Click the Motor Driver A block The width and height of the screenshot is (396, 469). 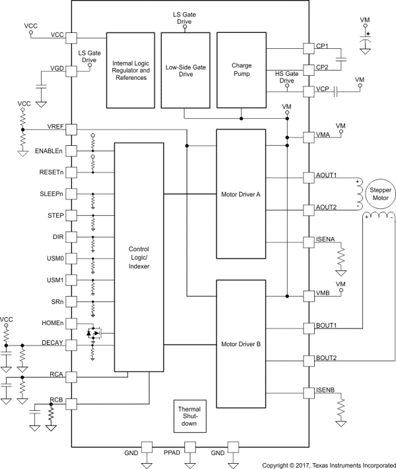coord(241,195)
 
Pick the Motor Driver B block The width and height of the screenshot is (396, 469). coord(241,344)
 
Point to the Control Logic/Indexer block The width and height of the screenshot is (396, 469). coord(139,257)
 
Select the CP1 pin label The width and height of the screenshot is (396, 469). coord(323,47)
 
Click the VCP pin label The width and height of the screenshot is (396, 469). coord(323,88)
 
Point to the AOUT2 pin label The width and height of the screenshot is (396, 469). coord(327,207)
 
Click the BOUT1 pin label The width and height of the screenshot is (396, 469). coord(327,325)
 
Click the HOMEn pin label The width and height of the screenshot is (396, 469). coord(51,323)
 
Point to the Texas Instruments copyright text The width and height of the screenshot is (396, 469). coord(325,464)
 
